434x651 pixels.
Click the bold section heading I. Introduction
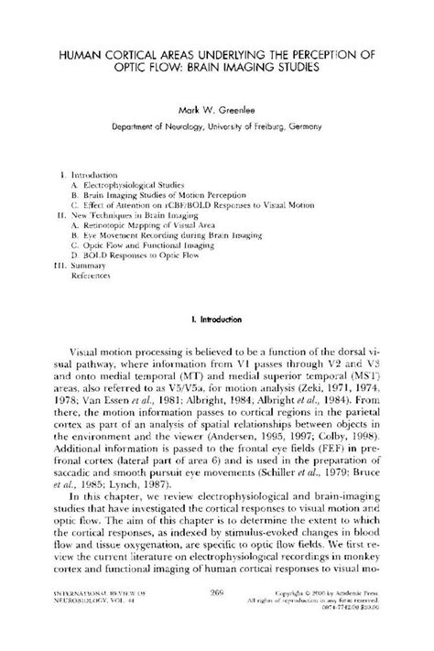[x=216, y=320]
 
